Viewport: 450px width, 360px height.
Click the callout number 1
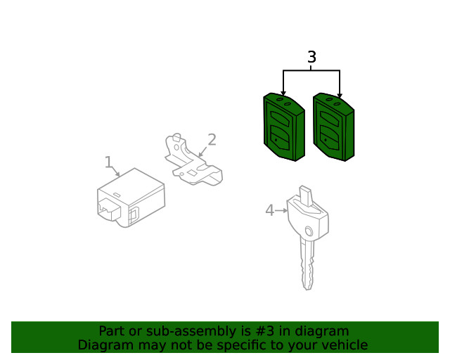pos(108,162)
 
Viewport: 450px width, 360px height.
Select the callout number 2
pos(212,140)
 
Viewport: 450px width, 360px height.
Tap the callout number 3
pos(311,57)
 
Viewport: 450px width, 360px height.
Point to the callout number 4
pos(270,210)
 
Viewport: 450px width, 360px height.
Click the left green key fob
pos(284,127)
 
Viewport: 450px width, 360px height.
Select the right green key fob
pos(333,127)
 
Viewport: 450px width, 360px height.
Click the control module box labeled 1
pos(131,198)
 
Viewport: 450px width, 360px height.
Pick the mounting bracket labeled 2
pos(193,160)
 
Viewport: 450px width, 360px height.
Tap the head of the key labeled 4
pos(308,214)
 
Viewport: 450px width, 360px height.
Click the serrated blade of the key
pos(307,264)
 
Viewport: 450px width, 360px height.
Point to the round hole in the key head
pos(309,231)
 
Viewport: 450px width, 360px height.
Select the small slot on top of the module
pos(117,195)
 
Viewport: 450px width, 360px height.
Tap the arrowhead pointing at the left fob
pos(283,94)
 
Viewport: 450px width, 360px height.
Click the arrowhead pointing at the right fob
pos(340,96)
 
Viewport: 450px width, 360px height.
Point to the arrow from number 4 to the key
pos(281,211)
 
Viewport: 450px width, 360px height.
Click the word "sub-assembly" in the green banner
pos(191,331)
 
